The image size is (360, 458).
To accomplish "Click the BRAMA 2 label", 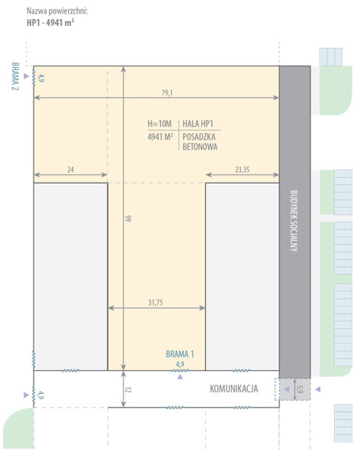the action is (x=15, y=76).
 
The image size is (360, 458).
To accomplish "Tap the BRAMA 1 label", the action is (x=180, y=354).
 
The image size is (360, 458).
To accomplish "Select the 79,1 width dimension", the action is (x=167, y=93).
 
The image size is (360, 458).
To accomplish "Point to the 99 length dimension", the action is (x=128, y=218).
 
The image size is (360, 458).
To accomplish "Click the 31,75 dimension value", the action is (x=156, y=302).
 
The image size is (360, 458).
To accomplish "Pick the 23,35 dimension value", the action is (x=243, y=169).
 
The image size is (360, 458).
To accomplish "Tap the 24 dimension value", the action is (x=71, y=169).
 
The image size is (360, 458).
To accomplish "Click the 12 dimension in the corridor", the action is (x=128, y=389).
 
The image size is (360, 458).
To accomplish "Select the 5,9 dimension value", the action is (x=300, y=389).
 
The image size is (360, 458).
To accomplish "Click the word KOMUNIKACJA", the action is (x=234, y=389).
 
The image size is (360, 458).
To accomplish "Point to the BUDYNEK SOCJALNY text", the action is (x=294, y=221).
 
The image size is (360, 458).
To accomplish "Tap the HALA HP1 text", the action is (x=198, y=124).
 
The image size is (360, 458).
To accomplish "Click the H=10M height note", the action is (x=159, y=124).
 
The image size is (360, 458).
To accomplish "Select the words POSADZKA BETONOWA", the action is (x=200, y=142).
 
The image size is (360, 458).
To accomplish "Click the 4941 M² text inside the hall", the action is (x=160, y=137).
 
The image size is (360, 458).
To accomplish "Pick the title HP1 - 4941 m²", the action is (x=50, y=22).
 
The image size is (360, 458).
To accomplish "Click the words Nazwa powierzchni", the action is (x=57, y=11).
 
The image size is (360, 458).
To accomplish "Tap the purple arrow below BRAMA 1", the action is (x=180, y=377).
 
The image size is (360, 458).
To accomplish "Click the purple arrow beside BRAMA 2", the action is (x=26, y=76).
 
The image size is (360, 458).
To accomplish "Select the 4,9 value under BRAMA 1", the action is (x=180, y=364).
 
